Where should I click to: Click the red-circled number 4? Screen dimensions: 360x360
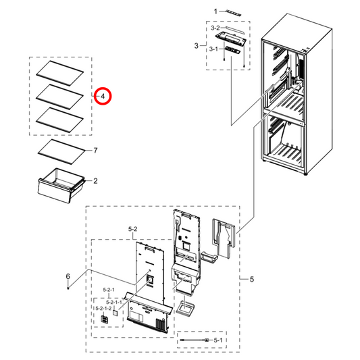(102, 97)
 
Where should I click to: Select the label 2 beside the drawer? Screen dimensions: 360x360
(95, 181)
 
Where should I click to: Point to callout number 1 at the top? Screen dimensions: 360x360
(216, 11)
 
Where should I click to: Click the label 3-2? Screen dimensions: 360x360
(215, 28)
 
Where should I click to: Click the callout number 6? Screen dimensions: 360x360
(68, 276)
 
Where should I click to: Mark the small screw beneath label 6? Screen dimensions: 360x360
(68, 288)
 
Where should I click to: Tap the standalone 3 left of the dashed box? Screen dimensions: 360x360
(196, 46)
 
